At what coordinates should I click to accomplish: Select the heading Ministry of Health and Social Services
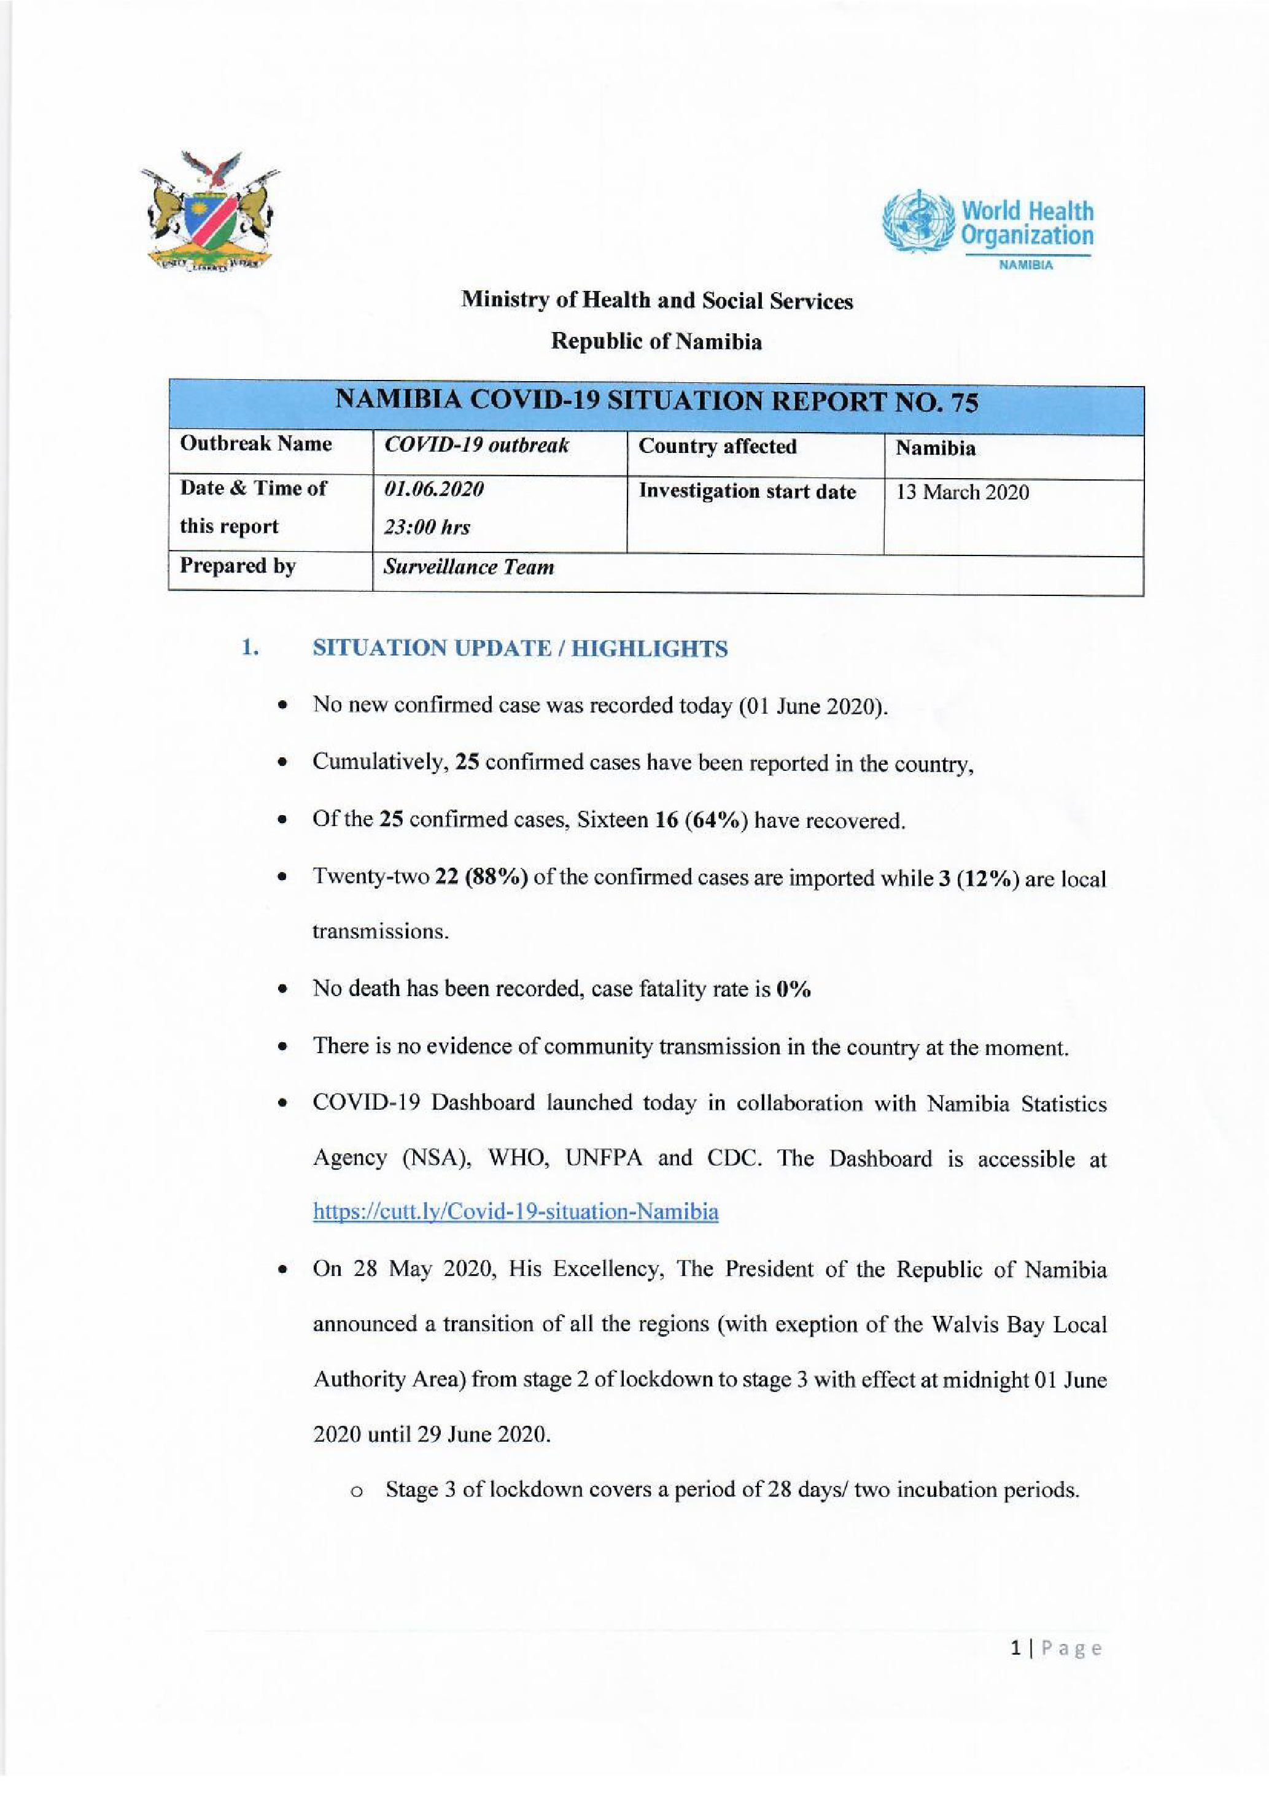(656, 301)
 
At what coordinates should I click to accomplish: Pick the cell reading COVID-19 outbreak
(476, 446)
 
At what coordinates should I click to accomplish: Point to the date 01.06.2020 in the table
(433, 489)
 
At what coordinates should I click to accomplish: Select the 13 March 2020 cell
(962, 492)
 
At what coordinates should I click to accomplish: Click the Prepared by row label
(238, 566)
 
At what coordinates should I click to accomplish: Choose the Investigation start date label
(747, 492)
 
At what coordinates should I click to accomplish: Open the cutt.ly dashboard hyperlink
(516, 1212)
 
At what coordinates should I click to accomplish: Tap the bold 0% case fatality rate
(793, 989)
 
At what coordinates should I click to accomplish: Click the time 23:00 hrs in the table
(427, 527)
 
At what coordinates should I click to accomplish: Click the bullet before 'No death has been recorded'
(282, 990)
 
